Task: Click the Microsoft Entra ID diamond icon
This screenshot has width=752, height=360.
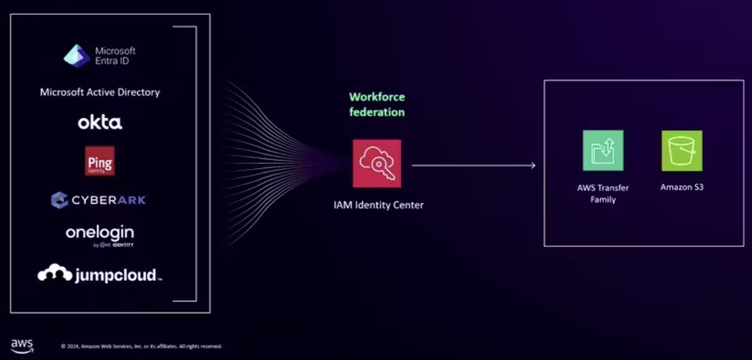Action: [77, 55]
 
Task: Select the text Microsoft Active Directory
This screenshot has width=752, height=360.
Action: [100, 92]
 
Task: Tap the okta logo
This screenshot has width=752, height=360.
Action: [100, 122]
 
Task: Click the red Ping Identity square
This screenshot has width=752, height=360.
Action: [100, 161]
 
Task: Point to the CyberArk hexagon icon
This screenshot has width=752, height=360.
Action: [59, 200]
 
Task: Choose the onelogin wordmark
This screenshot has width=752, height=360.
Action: [100, 233]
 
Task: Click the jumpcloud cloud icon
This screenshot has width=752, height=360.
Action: [55, 273]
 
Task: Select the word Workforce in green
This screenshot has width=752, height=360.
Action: [377, 97]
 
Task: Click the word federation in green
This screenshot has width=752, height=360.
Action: [377, 113]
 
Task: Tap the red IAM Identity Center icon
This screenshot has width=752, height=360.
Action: [377, 163]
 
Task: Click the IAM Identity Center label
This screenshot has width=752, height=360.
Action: [378, 204]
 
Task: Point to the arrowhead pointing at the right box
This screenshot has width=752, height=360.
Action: [533, 165]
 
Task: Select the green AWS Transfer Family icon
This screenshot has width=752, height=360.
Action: [602, 150]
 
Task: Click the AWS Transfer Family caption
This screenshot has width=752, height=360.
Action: [602, 193]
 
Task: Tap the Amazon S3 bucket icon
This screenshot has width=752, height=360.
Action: [682, 150]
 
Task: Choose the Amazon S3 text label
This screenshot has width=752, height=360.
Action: [682, 187]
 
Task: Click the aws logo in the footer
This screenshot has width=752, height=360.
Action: [22, 346]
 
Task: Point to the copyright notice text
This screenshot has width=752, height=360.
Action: [141, 346]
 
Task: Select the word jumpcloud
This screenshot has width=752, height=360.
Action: [115, 275]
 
